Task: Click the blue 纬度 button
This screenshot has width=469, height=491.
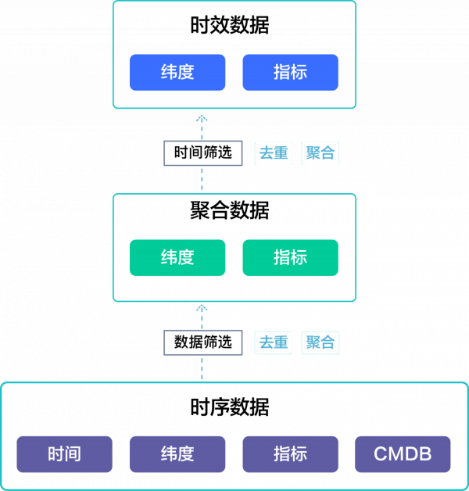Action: (x=177, y=73)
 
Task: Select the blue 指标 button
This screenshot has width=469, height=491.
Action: (x=290, y=73)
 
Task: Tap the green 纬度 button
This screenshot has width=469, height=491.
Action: (x=177, y=257)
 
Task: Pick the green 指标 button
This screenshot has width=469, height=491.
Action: (x=290, y=257)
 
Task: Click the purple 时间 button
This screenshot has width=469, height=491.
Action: (x=64, y=454)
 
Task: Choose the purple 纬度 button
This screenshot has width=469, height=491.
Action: (x=177, y=454)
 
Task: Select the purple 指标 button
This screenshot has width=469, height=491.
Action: (x=290, y=454)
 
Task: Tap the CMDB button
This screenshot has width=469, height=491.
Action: (x=403, y=454)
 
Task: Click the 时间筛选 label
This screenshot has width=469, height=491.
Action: (x=203, y=152)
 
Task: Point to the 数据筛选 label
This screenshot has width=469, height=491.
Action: (x=203, y=342)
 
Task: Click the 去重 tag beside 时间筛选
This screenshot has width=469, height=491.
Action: (x=274, y=153)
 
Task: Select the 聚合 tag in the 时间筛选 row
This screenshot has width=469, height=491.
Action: (x=320, y=153)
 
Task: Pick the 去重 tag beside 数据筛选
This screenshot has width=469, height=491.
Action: (x=274, y=342)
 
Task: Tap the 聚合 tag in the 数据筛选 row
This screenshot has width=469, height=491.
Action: (x=320, y=342)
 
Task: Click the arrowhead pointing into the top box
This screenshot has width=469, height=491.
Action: (x=202, y=118)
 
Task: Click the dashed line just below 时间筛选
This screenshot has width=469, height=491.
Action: (x=202, y=178)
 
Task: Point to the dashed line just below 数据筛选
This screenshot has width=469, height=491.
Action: (x=202, y=368)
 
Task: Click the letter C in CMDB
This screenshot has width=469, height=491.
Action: (x=381, y=454)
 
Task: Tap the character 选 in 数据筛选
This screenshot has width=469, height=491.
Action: (x=225, y=342)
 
